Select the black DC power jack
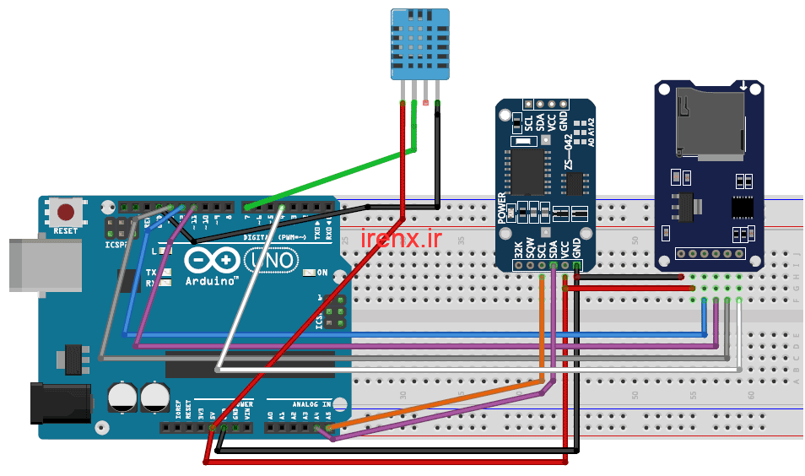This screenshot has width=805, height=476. (59, 403)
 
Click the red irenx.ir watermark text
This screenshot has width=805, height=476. (401, 239)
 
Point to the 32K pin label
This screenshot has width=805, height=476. (518, 251)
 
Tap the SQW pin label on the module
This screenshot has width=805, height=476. (530, 251)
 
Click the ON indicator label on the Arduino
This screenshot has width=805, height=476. (321, 273)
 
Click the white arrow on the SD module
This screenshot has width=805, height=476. (743, 85)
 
